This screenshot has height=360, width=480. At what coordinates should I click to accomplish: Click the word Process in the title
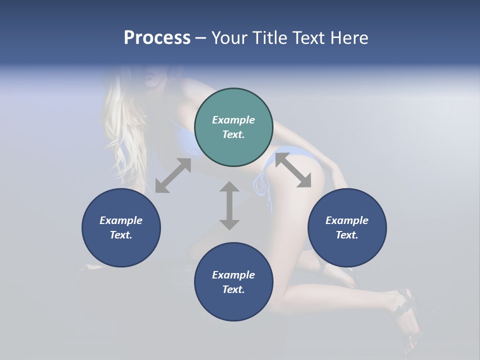(157, 38)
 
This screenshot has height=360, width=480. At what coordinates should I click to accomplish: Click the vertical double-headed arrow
(229, 205)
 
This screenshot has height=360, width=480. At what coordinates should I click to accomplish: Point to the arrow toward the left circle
(173, 175)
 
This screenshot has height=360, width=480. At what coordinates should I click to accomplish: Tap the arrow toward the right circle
(293, 170)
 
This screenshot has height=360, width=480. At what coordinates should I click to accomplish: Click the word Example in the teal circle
(233, 120)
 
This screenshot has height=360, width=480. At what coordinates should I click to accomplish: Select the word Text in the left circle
(121, 235)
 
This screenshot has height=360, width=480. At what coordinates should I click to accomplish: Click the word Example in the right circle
(347, 220)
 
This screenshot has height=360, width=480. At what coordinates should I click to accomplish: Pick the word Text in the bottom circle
(233, 289)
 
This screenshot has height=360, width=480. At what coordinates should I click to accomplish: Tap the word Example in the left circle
(121, 220)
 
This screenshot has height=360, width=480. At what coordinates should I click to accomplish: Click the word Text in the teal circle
(233, 134)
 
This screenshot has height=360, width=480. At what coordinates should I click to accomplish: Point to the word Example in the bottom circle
(233, 275)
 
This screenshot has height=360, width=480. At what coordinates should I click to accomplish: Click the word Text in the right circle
(347, 235)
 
